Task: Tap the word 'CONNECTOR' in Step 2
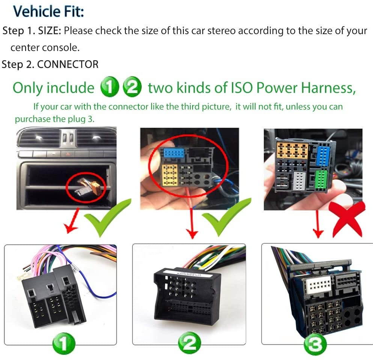[x=68, y=64]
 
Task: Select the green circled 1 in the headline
[x=109, y=88]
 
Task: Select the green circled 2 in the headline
[x=132, y=88]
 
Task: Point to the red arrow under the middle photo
[x=192, y=223]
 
